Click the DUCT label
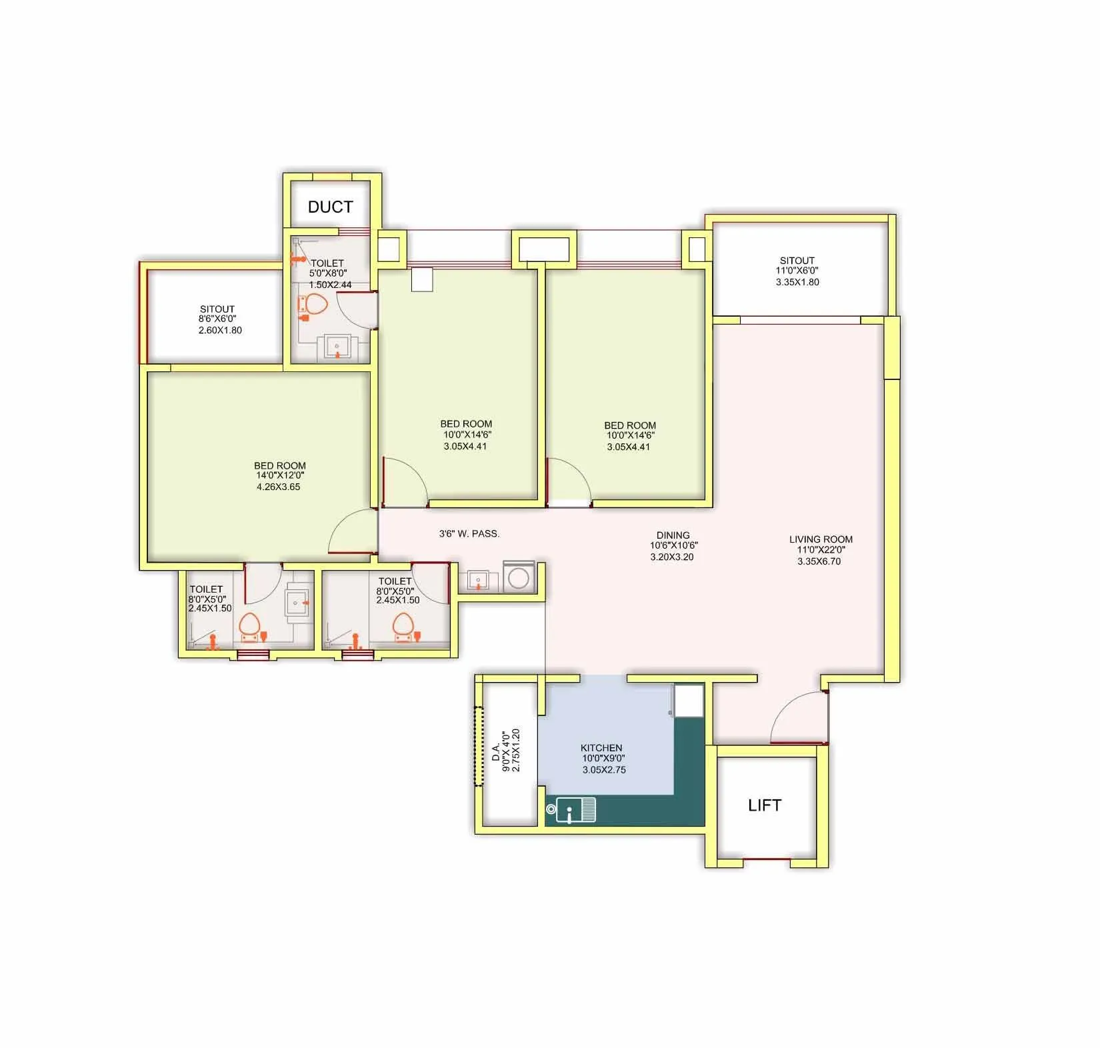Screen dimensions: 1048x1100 [330, 207]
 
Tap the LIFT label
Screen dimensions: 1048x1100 [764, 805]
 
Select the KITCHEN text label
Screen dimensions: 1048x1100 [601, 748]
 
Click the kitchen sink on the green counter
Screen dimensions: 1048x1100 [575, 810]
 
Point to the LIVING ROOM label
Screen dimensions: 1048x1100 [821, 539]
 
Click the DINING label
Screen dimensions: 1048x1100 [673, 535]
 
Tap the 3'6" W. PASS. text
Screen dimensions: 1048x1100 [469, 533]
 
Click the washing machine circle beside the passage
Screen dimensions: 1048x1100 [519, 577]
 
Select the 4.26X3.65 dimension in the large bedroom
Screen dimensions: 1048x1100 [279, 487]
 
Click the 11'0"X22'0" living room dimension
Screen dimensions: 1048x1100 [821, 550]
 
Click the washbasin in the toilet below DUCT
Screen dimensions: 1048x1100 [337, 347]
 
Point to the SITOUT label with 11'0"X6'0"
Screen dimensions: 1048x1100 [797, 261]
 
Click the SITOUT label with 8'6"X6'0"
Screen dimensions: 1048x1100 [217, 309]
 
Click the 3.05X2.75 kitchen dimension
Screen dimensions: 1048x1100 [604, 769]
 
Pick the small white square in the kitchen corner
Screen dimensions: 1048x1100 [688, 701]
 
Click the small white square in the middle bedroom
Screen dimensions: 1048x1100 [422, 279]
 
